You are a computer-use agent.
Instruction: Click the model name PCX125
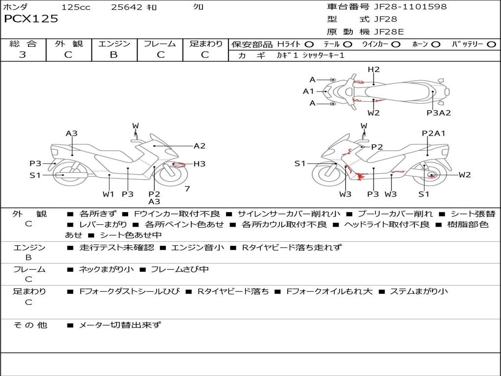(x=31, y=19)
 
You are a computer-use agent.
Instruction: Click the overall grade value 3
(x=23, y=55)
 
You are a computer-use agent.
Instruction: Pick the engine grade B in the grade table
(x=114, y=55)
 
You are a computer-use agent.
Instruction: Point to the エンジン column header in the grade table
(x=114, y=44)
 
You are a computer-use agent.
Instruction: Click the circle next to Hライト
(x=309, y=45)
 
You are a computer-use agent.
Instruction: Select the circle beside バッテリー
(x=491, y=45)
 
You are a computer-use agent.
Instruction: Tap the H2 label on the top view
(x=373, y=70)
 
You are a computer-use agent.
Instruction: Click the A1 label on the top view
(x=308, y=91)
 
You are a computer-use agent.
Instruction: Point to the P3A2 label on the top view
(x=438, y=113)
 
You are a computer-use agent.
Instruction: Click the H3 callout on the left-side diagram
(x=199, y=164)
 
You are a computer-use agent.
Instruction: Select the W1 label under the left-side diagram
(x=108, y=194)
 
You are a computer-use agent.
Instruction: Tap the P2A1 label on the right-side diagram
(x=433, y=133)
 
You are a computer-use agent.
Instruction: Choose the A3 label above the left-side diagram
(x=72, y=133)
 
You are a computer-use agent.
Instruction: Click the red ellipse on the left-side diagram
(x=179, y=164)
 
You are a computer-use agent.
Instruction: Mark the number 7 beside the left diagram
(x=187, y=188)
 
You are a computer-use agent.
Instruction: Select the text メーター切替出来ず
(x=120, y=325)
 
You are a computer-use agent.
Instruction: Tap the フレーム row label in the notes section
(x=29, y=269)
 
